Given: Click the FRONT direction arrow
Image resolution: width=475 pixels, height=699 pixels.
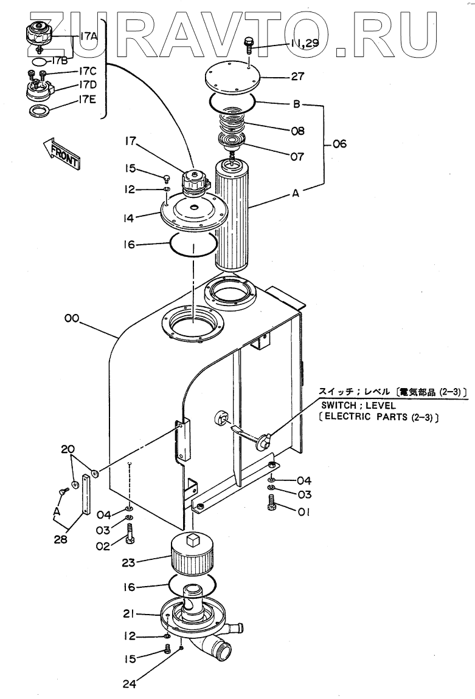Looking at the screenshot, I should [61, 152].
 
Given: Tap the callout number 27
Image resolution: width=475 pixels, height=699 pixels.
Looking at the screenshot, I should [297, 77].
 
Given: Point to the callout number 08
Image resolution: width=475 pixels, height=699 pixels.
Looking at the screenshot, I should [297, 131].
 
